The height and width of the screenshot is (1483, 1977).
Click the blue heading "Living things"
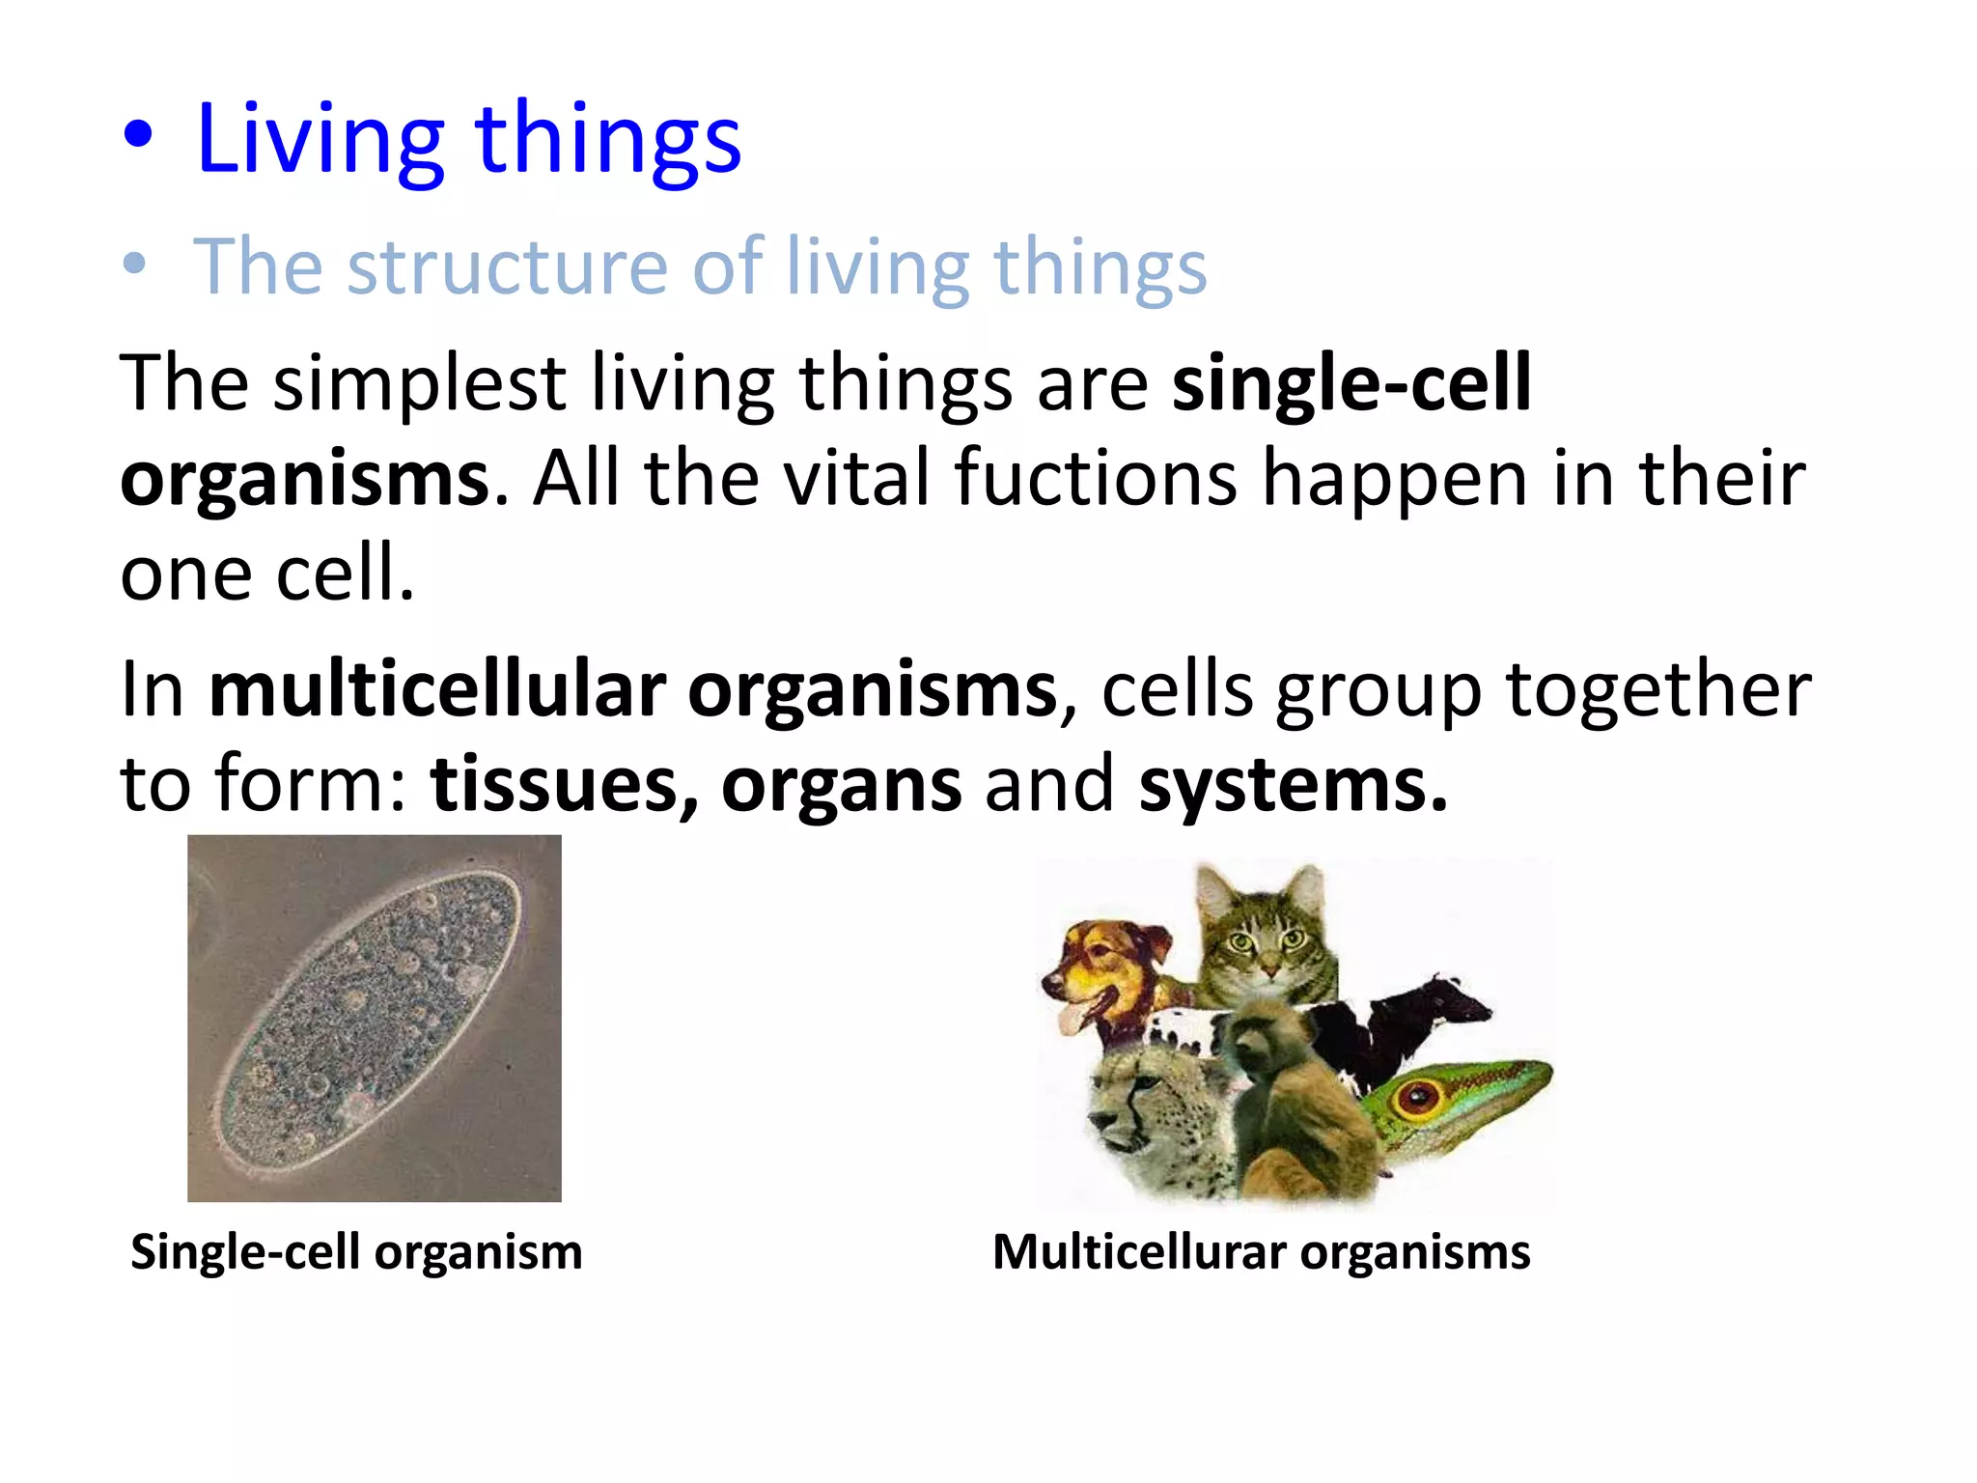(468, 140)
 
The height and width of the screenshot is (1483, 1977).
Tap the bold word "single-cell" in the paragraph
(1350, 383)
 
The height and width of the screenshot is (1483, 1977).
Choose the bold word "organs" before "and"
(841, 784)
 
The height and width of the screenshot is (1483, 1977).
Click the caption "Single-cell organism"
(356, 1252)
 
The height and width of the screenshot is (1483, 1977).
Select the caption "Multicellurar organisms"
(1261, 1252)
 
